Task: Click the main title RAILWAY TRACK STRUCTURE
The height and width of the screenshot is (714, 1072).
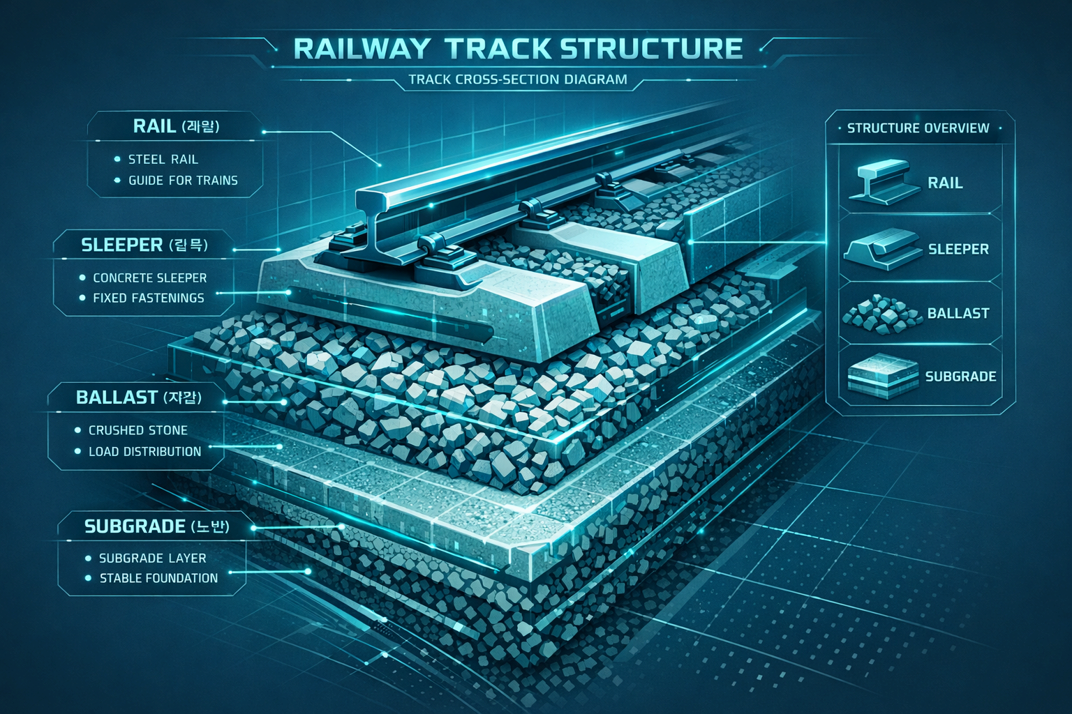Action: click(x=518, y=48)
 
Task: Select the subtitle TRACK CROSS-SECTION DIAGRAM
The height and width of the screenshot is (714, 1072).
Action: click(x=518, y=79)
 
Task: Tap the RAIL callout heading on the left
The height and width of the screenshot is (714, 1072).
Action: click(x=176, y=126)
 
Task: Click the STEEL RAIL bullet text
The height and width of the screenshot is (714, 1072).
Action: click(x=163, y=160)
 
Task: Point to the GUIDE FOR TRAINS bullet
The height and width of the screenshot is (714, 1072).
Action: click(x=183, y=181)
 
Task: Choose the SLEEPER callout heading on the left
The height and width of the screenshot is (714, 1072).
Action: click(x=144, y=245)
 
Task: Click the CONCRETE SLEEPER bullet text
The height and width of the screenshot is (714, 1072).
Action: click(x=149, y=278)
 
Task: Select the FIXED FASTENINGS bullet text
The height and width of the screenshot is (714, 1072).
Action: click(x=148, y=298)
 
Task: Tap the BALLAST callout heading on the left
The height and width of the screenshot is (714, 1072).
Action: click(x=138, y=397)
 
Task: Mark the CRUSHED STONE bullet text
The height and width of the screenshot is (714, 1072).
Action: click(x=137, y=430)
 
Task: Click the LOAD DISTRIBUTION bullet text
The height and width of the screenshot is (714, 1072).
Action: click(x=144, y=451)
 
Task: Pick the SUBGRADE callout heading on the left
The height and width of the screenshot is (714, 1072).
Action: click(x=156, y=526)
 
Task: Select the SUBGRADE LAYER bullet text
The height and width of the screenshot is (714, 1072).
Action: click(x=152, y=558)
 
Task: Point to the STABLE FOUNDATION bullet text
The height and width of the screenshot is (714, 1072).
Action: click(x=158, y=578)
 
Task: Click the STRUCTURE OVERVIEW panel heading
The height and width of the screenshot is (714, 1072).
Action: click(x=918, y=128)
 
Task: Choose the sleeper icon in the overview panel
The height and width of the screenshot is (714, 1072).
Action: click(x=881, y=249)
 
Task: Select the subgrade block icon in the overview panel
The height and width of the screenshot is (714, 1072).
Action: click(x=881, y=377)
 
